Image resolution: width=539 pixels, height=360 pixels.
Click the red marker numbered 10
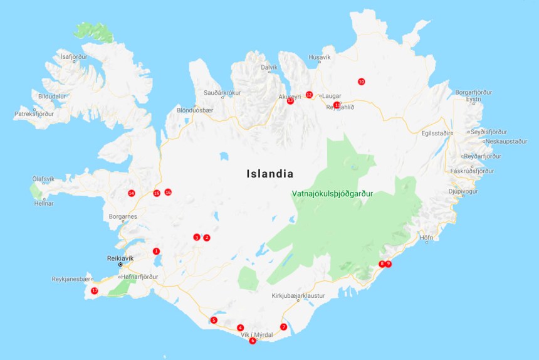click(361, 82)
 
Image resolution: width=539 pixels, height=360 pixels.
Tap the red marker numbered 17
click(95, 291)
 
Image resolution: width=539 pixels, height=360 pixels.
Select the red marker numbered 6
click(253, 341)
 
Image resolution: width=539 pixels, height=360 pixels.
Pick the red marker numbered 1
click(156, 251)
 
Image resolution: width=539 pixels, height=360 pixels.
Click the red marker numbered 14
click(131, 193)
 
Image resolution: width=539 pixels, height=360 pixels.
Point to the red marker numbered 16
click(168, 192)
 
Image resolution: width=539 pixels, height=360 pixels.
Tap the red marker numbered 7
click(283, 327)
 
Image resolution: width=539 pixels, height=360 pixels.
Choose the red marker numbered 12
click(309, 95)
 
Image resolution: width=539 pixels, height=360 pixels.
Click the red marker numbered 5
click(214, 320)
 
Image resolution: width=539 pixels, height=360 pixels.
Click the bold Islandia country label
click(270, 174)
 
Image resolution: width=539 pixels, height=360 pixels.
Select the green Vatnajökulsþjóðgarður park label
click(332, 194)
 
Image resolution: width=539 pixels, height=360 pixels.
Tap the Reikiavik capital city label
click(121, 258)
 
